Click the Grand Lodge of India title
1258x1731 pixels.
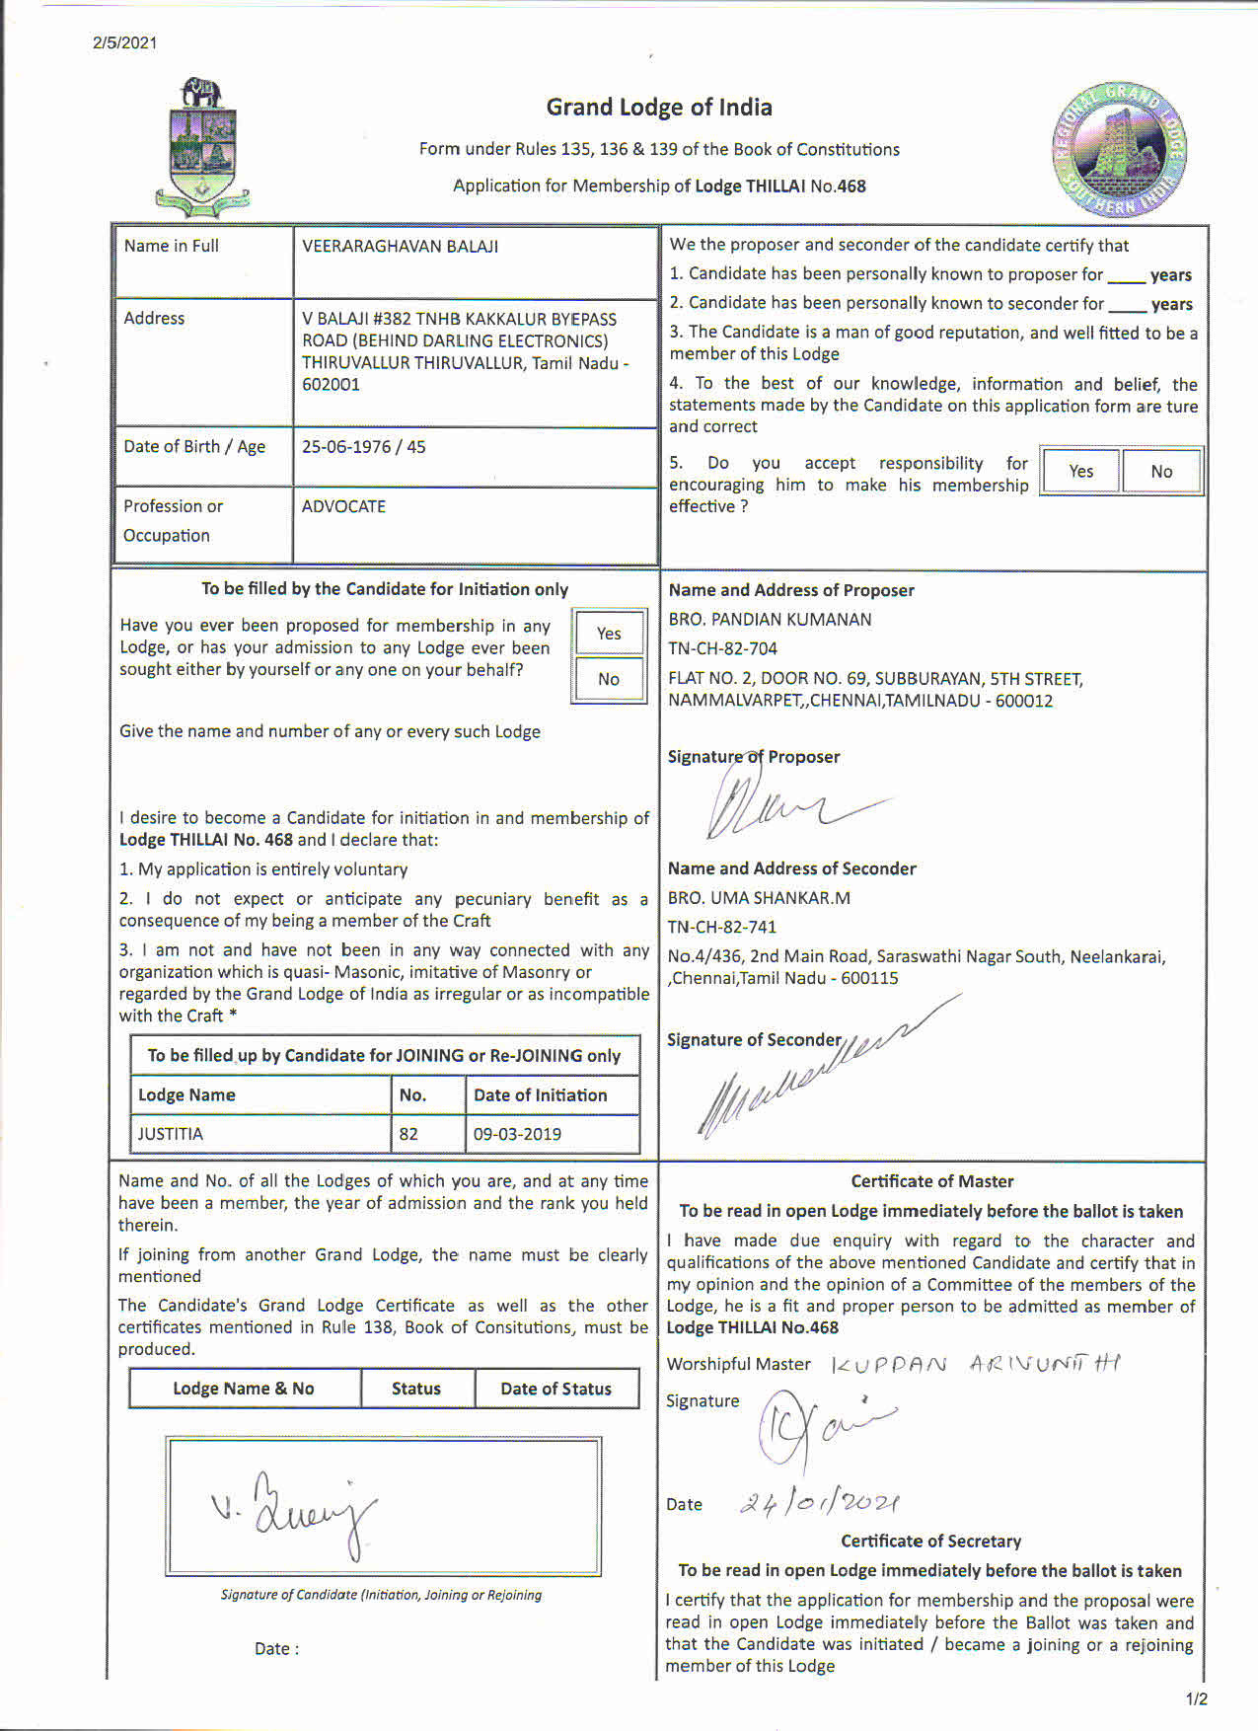(659, 107)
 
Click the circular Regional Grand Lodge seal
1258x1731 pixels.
(1119, 150)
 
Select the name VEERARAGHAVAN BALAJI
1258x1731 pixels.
(400, 247)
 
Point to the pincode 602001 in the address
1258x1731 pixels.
(331, 385)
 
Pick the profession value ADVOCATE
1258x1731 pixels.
(343, 506)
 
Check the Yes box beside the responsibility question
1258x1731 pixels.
(1081, 471)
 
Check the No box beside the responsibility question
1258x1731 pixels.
(1161, 471)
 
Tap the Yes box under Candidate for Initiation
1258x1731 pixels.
(609, 634)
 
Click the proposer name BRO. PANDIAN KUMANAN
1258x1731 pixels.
(770, 620)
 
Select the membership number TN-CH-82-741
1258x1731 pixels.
(722, 928)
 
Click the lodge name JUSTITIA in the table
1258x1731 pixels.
(171, 1134)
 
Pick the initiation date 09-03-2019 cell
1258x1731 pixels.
(517, 1134)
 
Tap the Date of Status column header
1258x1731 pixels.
(555, 1389)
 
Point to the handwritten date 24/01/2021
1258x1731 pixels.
(819, 1503)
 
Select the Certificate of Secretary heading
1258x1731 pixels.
(930, 1542)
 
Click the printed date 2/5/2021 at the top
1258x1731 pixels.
(125, 42)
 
